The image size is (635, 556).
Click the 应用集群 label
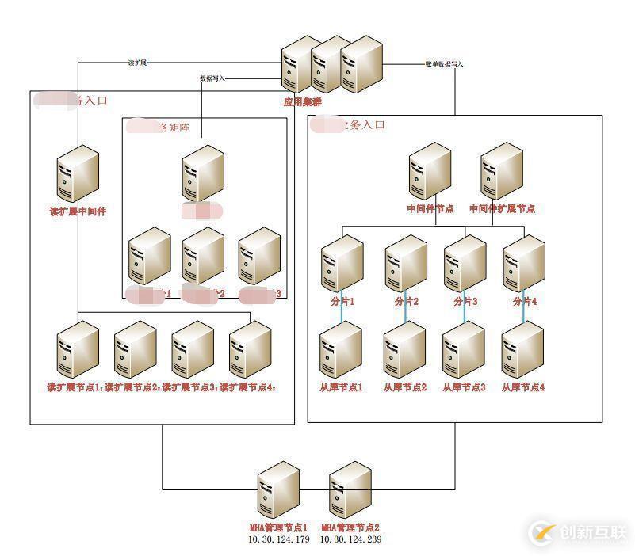303,101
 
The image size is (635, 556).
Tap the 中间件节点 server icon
430,172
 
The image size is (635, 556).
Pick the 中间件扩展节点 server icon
502,172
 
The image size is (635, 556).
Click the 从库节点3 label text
463,387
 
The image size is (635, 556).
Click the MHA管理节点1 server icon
278,491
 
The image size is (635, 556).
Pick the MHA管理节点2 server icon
350,491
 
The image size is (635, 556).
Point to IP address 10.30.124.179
279,539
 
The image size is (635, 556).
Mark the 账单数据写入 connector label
444,63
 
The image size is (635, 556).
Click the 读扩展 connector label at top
137,63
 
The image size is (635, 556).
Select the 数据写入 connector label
212,78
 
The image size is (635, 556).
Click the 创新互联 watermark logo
579,532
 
